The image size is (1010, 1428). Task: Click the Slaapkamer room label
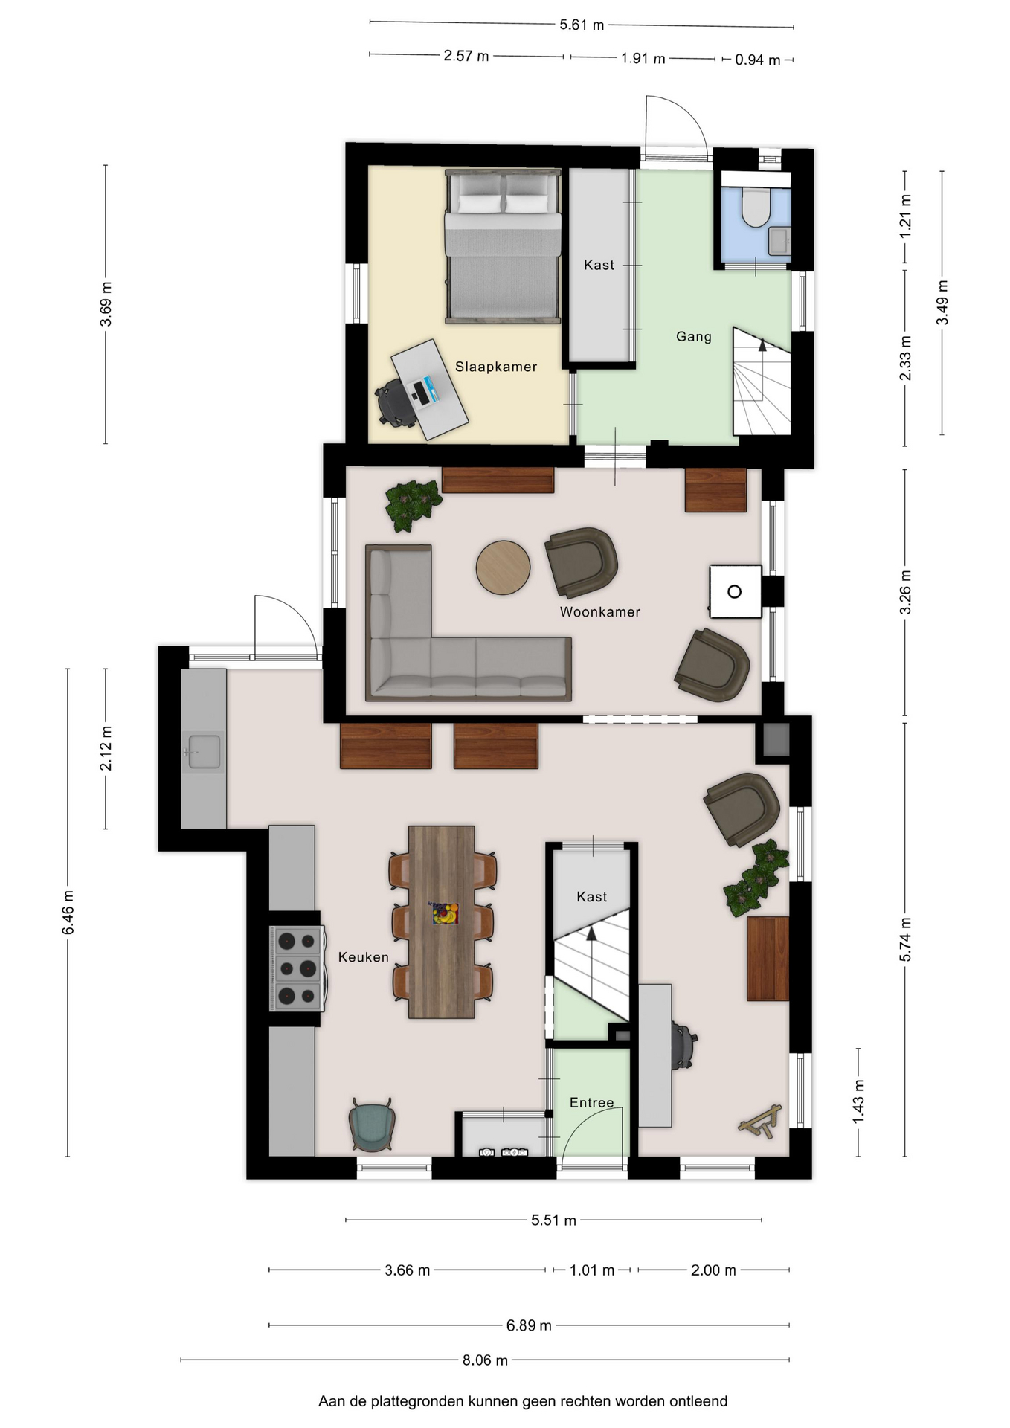click(496, 367)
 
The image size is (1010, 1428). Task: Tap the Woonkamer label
click(599, 612)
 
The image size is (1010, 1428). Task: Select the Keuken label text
click(364, 957)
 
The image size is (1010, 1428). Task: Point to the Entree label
click(592, 1103)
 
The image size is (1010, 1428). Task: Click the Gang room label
click(694, 337)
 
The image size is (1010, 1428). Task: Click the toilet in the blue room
click(756, 207)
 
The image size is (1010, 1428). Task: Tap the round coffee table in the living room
click(504, 567)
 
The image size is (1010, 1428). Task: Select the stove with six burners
click(297, 968)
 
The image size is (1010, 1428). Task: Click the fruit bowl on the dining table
click(446, 913)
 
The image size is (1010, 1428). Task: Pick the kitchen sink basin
click(204, 751)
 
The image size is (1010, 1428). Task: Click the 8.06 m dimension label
click(485, 1360)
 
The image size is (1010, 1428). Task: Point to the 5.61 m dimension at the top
click(582, 25)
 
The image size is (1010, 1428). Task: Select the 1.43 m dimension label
click(858, 1102)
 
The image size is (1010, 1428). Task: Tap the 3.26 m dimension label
click(905, 593)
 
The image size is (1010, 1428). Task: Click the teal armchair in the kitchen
click(371, 1125)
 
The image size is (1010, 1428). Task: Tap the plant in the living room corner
click(411, 504)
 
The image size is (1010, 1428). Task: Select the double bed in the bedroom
click(503, 246)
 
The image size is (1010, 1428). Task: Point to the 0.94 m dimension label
click(758, 60)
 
